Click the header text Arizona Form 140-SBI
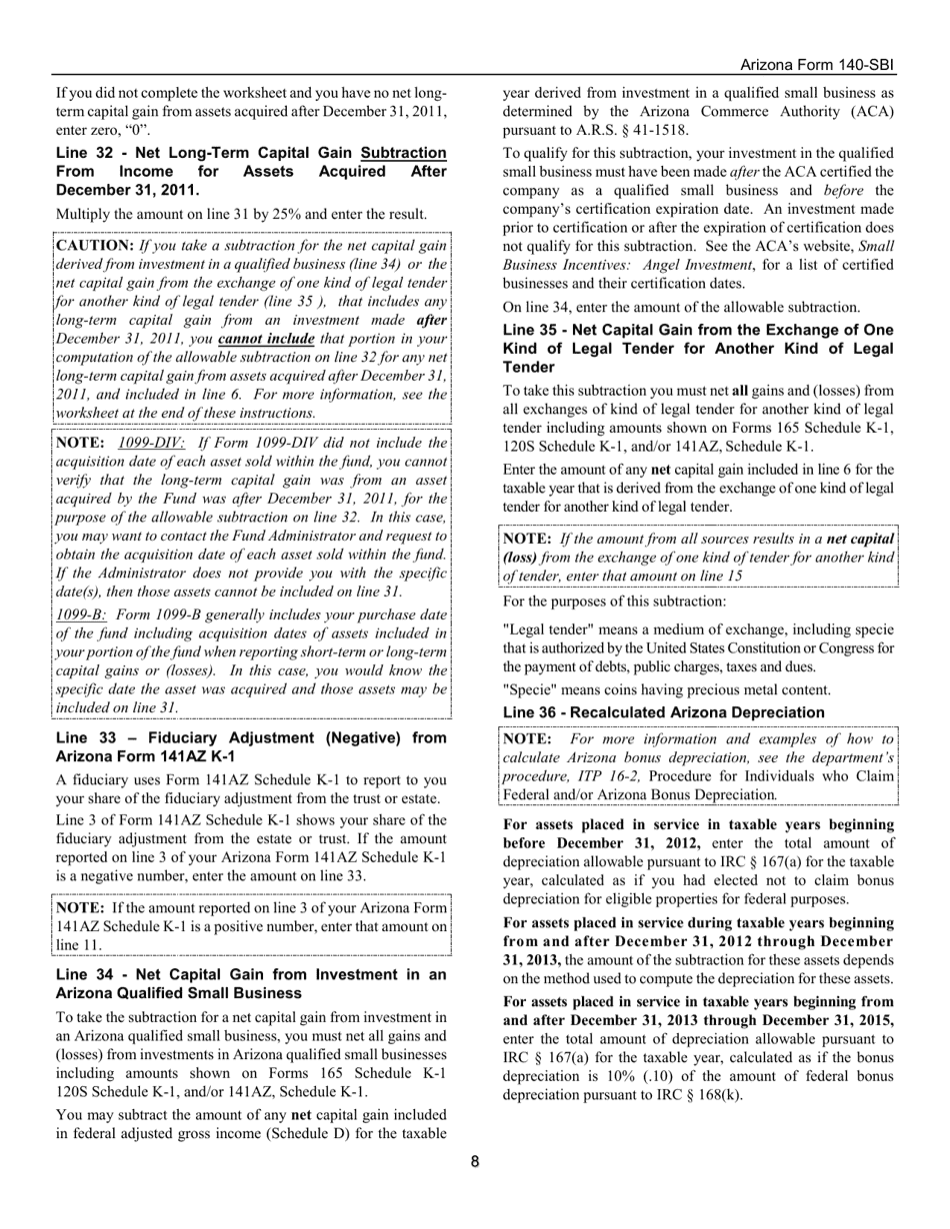tap(817, 65)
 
